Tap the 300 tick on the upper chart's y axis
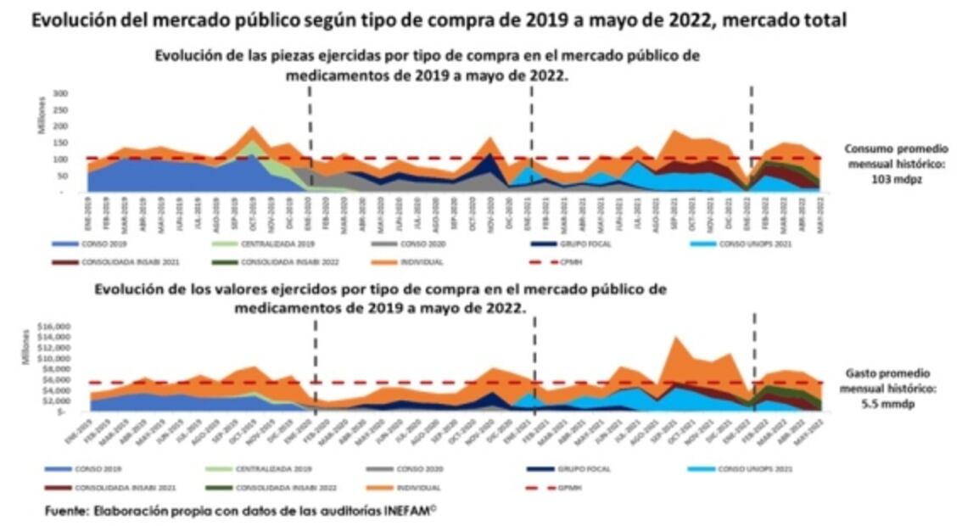59,92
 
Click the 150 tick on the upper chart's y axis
59,143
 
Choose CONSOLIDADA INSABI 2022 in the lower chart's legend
275,488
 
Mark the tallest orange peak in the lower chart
675,338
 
